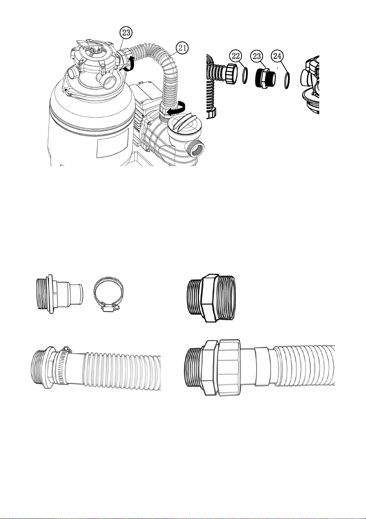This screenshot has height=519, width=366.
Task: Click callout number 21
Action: [182, 48]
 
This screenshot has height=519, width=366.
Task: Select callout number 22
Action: [236, 56]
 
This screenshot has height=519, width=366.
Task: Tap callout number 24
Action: [277, 56]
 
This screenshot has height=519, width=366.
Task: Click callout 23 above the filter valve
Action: [126, 33]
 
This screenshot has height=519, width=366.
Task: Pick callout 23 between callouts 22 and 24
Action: [257, 56]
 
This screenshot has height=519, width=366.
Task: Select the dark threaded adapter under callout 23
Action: [265, 78]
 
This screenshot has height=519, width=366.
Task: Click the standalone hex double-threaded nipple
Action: [211, 298]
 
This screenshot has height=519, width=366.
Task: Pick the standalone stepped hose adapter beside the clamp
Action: [60, 294]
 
